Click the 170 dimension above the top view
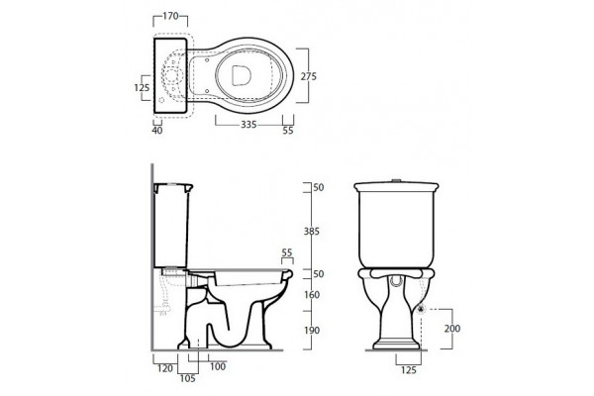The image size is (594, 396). coord(170,16)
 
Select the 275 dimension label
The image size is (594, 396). coord(308,76)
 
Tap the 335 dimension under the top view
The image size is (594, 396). coord(248,125)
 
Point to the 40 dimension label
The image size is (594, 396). coord(157,131)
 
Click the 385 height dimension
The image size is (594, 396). coord(312,231)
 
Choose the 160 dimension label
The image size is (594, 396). coord(312,294)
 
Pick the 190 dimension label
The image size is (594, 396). coord(312,331)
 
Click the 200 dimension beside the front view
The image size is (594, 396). coord(452,328)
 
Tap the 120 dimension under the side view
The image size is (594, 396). coord(164,368)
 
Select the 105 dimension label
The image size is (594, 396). coord(187,378)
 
